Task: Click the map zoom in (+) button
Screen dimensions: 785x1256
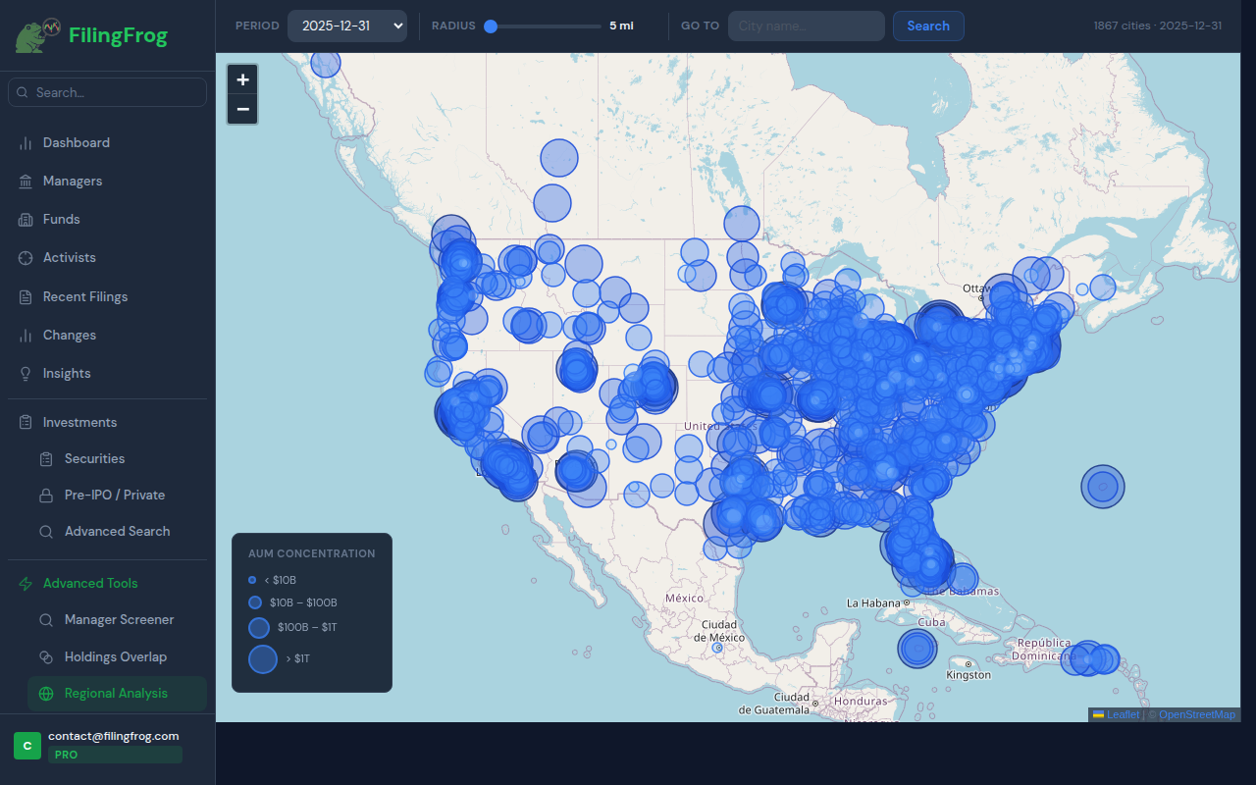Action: (242, 79)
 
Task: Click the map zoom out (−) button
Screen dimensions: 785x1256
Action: (242, 109)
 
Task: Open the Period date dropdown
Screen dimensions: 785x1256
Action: (347, 26)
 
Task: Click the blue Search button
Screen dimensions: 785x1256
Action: (928, 26)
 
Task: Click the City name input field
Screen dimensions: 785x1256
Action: (806, 26)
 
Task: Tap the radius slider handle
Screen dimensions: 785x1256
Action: (491, 26)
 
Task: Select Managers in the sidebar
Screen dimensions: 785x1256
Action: (73, 181)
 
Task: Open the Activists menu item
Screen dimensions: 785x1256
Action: (70, 257)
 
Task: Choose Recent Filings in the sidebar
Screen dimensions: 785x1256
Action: (85, 296)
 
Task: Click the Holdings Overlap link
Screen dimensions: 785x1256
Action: (116, 656)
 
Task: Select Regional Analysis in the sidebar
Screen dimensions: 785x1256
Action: (116, 693)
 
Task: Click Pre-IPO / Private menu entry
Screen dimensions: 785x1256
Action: (115, 495)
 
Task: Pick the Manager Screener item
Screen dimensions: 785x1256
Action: (119, 619)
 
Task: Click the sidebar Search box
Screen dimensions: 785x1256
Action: (108, 92)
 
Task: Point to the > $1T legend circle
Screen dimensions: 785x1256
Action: (263, 658)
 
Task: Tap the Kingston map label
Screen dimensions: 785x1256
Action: (968, 675)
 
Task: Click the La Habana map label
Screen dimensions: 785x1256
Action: (872, 602)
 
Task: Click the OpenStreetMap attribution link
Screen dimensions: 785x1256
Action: (1197, 714)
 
